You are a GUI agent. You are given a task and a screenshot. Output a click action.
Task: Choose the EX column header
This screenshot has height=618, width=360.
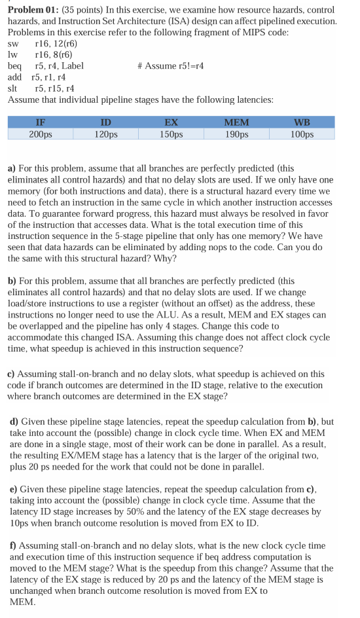(x=171, y=122)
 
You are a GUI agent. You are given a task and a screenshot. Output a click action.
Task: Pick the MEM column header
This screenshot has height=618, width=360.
(x=236, y=122)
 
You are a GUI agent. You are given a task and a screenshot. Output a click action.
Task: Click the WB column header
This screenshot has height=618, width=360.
(x=302, y=122)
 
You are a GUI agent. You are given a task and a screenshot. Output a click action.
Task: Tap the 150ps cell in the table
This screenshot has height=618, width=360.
(x=171, y=134)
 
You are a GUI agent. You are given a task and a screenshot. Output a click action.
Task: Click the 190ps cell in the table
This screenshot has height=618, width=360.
(x=236, y=134)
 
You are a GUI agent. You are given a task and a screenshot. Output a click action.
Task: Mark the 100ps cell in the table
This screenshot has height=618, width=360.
(x=302, y=134)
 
